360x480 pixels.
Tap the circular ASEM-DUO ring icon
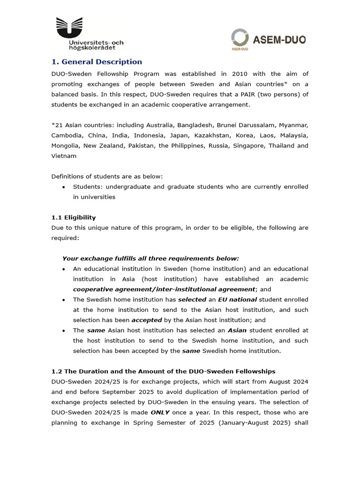(x=240, y=37)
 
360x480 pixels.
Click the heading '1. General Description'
(x=97, y=62)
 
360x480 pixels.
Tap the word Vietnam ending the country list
(x=64, y=156)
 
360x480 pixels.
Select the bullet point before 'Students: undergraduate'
(x=63, y=187)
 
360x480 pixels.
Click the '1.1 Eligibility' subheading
(x=74, y=217)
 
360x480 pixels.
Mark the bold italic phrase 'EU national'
(x=237, y=300)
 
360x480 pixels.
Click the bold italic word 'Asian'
(x=237, y=330)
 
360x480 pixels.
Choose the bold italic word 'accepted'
(x=146, y=320)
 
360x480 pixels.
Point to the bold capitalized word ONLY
(x=160, y=413)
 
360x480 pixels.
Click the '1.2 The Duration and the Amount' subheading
(x=163, y=372)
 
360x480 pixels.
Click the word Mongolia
(x=65, y=146)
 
